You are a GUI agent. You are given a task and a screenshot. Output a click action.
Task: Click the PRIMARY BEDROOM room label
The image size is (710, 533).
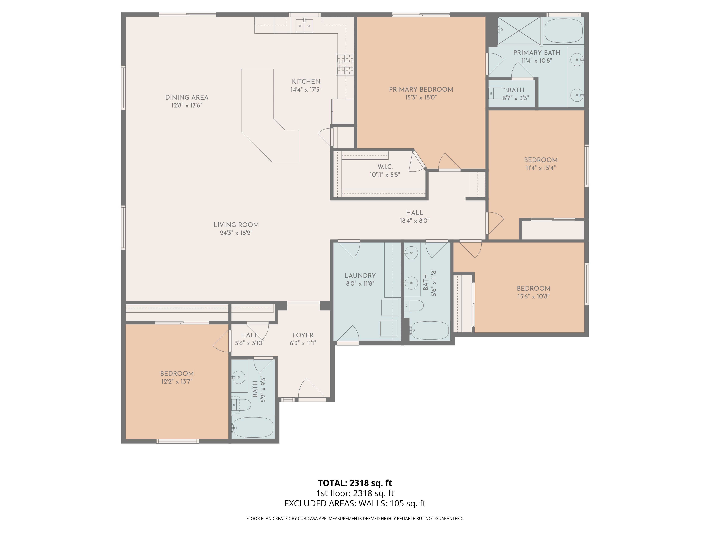click(x=421, y=90)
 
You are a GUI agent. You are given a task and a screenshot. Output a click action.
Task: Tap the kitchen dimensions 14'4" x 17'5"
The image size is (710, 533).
click(x=306, y=90)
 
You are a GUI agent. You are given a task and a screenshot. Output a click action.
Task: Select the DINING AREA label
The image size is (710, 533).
click(x=187, y=97)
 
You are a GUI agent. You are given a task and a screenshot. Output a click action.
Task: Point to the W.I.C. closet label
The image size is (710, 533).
click(x=385, y=167)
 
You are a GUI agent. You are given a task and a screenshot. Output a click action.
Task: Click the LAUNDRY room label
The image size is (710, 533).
click(x=360, y=276)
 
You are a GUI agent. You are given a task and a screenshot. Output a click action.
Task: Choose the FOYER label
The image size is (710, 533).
click(x=303, y=335)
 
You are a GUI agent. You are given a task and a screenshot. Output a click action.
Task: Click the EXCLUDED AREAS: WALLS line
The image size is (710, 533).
click(x=355, y=504)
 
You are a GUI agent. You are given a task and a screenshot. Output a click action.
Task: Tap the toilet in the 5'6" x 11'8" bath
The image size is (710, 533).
click(x=414, y=306)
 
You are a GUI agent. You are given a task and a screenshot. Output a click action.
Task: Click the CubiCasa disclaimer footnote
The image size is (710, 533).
click(x=355, y=519)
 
